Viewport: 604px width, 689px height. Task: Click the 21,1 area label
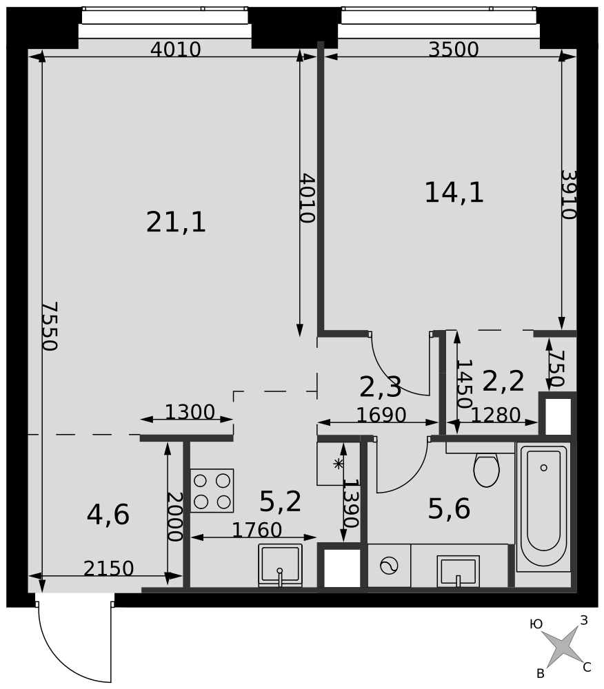tap(176, 222)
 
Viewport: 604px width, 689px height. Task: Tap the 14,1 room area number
tap(454, 192)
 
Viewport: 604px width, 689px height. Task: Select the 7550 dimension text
tap(50, 326)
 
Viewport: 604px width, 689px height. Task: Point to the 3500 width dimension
tap(454, 50)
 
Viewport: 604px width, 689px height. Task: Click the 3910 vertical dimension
tap(568, 194)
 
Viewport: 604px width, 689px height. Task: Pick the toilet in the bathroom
tap(486, 470)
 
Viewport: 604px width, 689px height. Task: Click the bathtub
tap(543, 507)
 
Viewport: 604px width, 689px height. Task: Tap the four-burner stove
tap(212, 491)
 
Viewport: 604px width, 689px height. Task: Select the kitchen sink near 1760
tap(281, 565)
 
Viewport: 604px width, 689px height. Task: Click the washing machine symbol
tap(389, 566)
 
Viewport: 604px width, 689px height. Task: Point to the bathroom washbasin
tap(458, 570)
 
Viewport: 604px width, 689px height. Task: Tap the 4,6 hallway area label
tap(108, 515)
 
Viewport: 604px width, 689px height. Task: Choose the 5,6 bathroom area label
tap(449, 509)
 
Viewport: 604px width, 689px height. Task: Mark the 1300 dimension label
tap(190, 412)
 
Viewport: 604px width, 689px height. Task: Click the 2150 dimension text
tap(108, 568)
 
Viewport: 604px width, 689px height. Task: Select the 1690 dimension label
tap(381, 415)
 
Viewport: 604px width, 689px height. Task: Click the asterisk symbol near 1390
tap(338, 464)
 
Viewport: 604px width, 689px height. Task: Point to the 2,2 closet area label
tap(503, 381)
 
